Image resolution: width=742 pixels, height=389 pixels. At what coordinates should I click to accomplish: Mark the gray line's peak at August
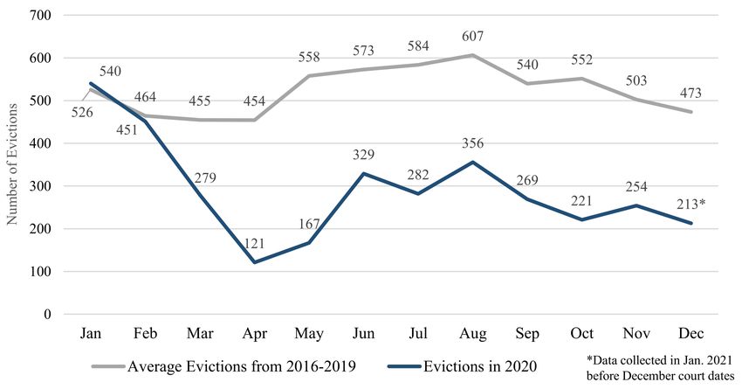pyautogui.click(x=472, y=55)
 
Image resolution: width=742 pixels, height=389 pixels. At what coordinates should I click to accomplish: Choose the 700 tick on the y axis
pyautogui.click(x=41, y=16)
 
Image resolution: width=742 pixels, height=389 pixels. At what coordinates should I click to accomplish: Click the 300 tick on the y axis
pyautogui.click(x=41, y=186)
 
